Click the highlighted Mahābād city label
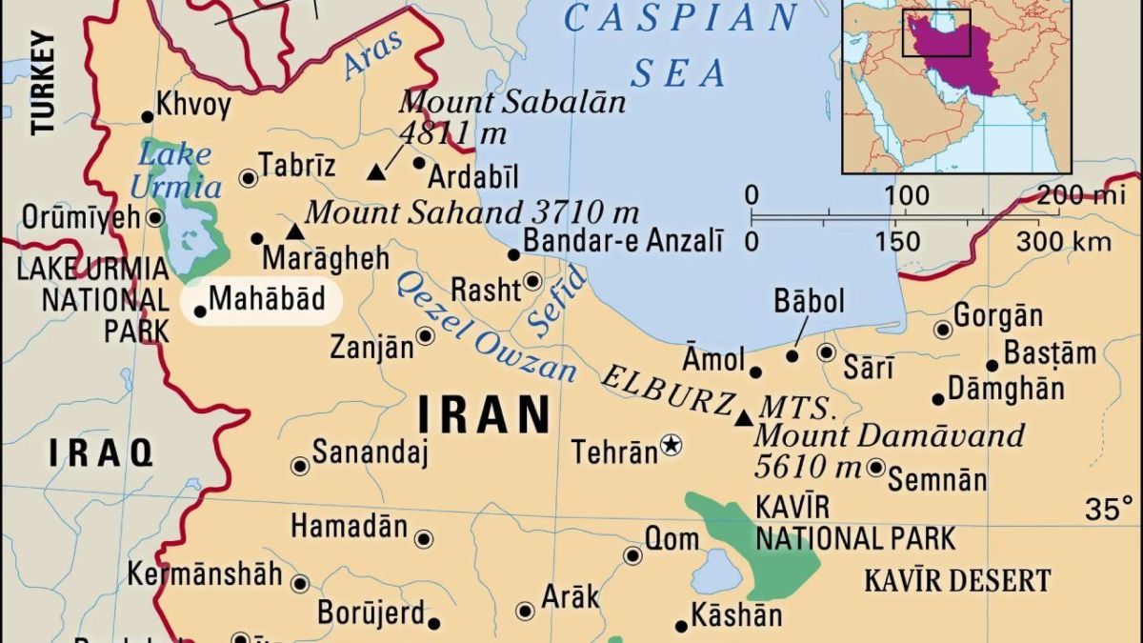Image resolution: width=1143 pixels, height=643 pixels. pyautogui.click(x=267, y=299)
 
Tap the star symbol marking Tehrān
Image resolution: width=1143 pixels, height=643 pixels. pyautogui.click(x=672, y=444)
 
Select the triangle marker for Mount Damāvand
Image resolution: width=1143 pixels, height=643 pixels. pyautogui.click(x=744, y=417)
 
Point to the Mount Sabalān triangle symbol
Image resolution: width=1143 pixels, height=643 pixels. pyautogui.click(x=376, y=172)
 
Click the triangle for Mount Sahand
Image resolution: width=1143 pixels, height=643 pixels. pyautogui.click(x=295, y=231)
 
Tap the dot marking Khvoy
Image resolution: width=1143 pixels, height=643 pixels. pyautogui.click(x=148, y=117)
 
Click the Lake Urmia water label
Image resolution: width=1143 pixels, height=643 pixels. pyautogui.click(x=175, y=170)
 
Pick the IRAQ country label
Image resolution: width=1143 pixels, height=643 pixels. pyautogui.click(x=101, y=452)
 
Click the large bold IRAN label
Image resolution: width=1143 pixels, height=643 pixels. pyautogui.click(x=485, y=415)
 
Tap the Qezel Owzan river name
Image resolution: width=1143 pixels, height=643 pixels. pyautogui.click(x=486, y=324)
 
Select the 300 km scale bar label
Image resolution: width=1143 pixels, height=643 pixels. pyautogui.click(x=1063, y=240)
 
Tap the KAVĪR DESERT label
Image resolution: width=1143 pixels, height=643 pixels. pyautogui.click(x=957, y=580)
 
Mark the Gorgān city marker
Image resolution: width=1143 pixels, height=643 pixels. pyautogui.click(x=943, y=330)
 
